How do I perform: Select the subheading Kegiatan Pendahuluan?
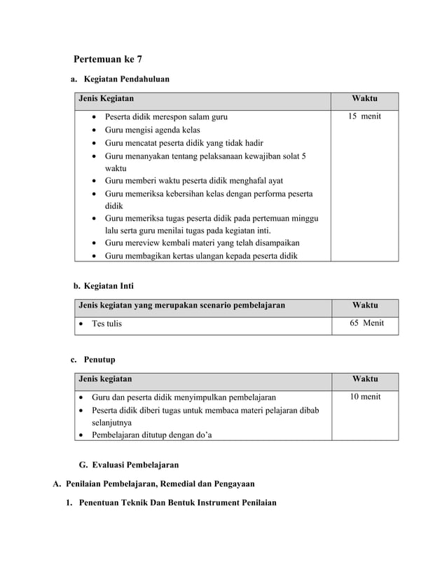[x=127, y=80]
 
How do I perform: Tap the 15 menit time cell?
[x=365, y=116]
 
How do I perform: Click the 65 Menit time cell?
[x=366, y=323]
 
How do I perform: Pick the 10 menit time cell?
[x=365, y=397]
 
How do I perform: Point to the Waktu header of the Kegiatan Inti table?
[x=365, y=305]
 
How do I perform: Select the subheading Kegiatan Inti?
[x=109, y=286]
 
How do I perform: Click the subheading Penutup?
[x=99, y=360]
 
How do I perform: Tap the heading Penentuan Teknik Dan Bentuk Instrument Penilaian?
[x=177, y=503]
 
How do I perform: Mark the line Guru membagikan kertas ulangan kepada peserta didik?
[x=200, y=256]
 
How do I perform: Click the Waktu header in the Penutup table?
[x=365, y=379]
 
